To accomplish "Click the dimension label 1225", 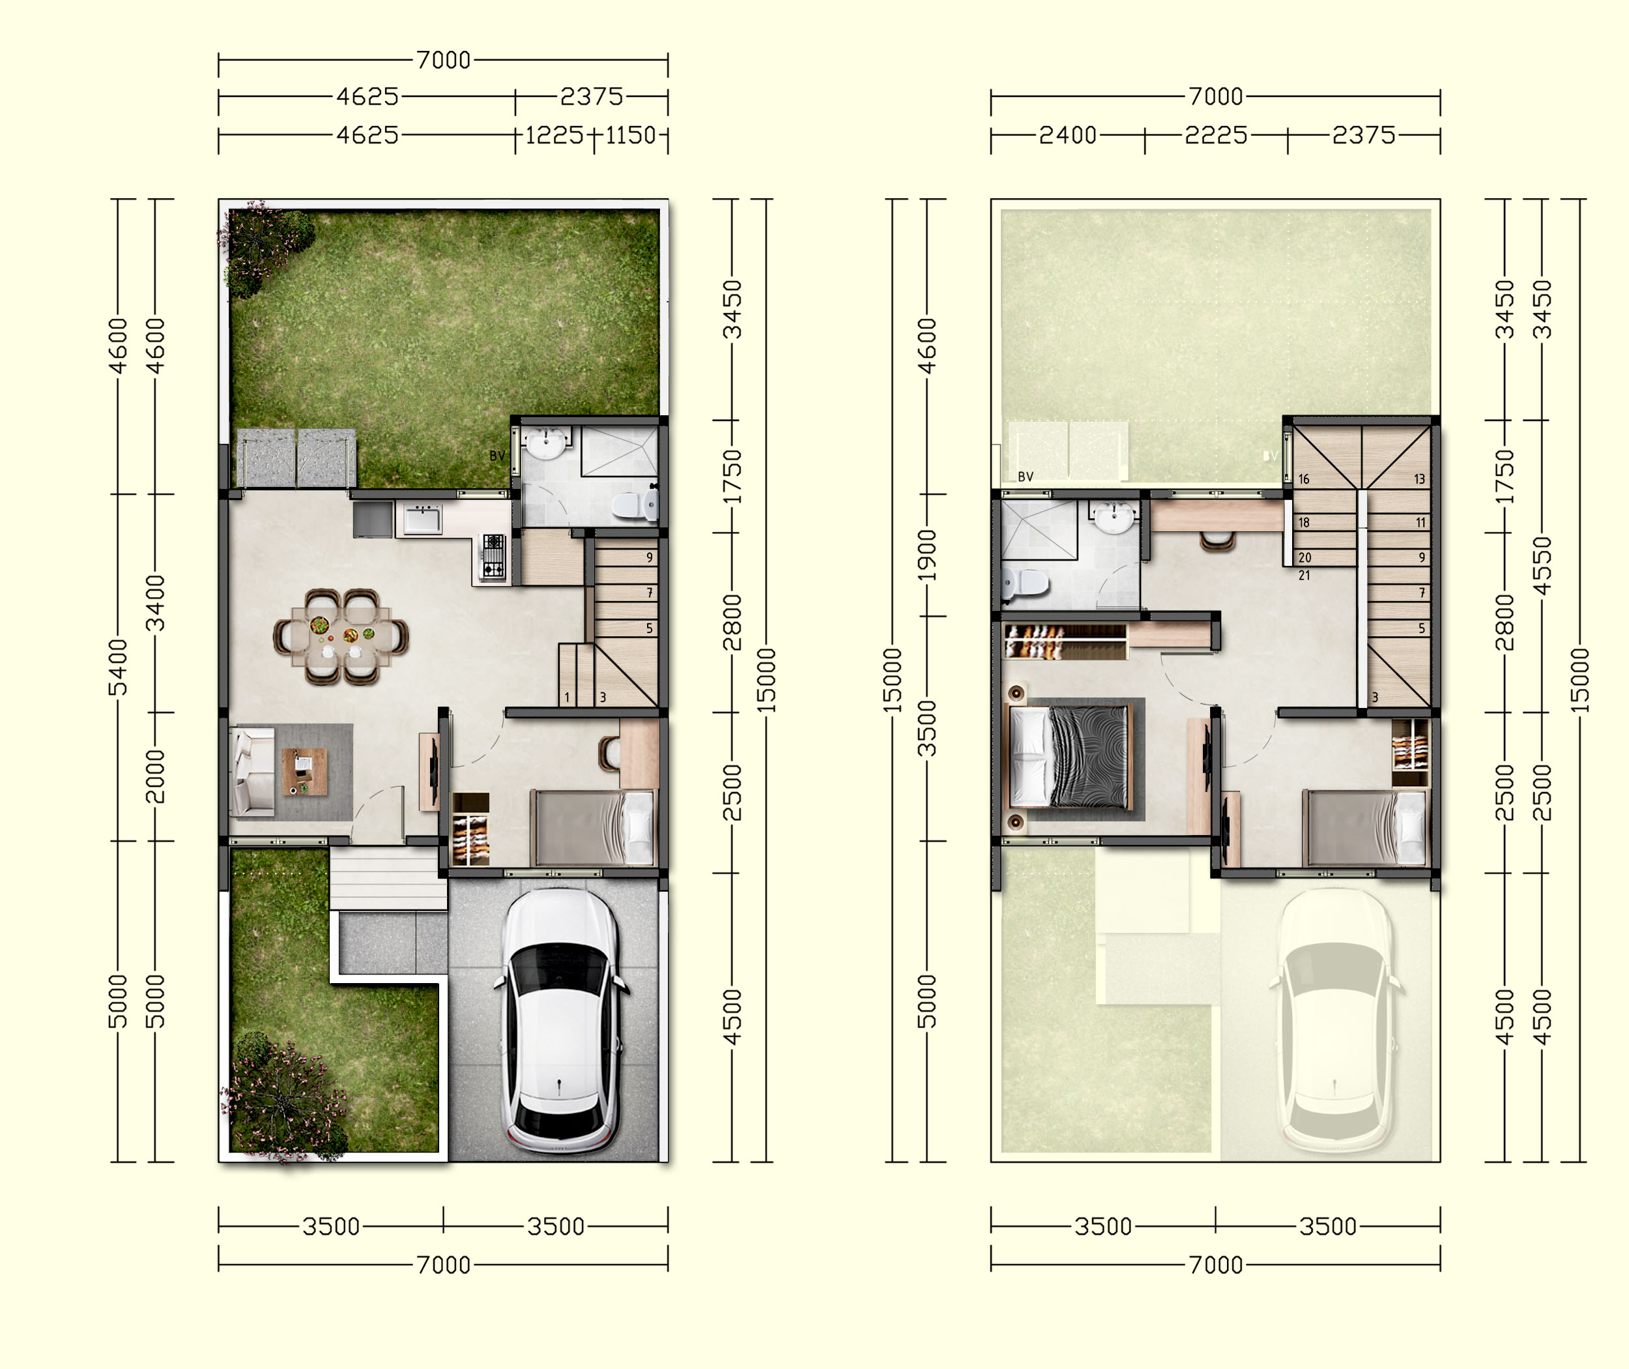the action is tap(555, 136).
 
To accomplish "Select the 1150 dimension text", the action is tap(630, 136).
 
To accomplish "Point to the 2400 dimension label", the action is tap(1067, 136).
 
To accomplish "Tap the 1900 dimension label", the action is tap(927, 555).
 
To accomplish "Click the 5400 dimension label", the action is tap(117, 668).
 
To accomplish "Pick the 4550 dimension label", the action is tap(1543, 566).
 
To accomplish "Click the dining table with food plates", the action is tap(341, 637).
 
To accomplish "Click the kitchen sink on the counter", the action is tap(424, 518).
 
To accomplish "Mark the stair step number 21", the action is tap(1304, 575).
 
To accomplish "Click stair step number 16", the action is tap(1304, 479).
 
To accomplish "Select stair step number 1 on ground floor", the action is tap(567, 697).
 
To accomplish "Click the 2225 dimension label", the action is tap(1215, 136).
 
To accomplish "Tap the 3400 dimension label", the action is tap(156, 603).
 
